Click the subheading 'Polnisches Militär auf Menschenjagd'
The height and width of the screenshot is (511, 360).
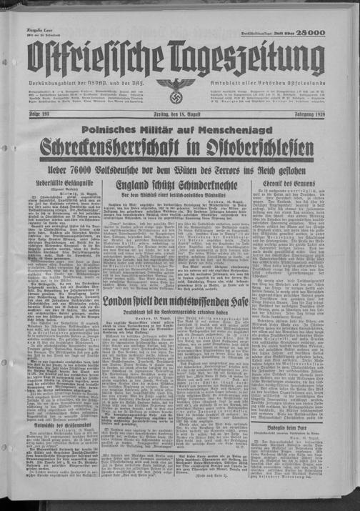click(x=179, y=131)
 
